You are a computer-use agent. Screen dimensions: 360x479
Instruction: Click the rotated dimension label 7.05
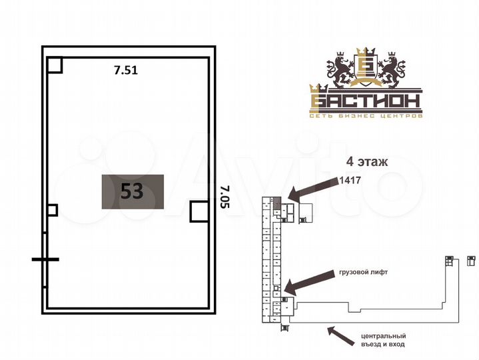point(223,198)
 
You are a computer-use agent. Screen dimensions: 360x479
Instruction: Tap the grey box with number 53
point(133,191)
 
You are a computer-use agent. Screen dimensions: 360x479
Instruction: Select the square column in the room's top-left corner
point(55,64)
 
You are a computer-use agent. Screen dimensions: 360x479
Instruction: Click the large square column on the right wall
point(199,211)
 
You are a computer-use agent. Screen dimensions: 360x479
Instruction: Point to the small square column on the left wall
point(52,210)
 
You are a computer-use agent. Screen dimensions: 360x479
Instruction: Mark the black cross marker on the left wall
point(45,259)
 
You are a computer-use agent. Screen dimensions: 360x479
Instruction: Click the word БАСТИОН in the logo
point(365,101)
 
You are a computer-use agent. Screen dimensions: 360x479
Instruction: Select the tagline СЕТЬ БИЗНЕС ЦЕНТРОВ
point(366,117)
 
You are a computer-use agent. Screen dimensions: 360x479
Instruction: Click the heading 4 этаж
point(366,161)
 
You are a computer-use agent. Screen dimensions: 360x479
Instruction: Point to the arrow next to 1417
point(312,189)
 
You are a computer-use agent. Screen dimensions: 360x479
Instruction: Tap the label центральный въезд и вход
point(382,340)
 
